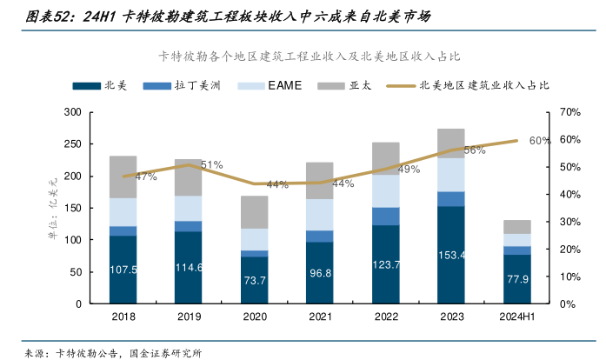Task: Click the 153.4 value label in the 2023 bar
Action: point(451,254)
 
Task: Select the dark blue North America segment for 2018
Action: point(123,270)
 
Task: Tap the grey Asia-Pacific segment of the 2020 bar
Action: point(255,212)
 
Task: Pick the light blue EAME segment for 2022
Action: point(385,190)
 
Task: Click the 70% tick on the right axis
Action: point(570,113)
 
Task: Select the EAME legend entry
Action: point(274,86)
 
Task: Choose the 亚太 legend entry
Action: point(350,86)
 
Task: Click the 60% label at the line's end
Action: point(539,141)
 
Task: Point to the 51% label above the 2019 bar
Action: point(211,164)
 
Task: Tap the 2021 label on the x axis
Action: point(320,317)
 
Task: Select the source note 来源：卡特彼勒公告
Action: point(74,353)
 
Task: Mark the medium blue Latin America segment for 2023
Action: point(451,198)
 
